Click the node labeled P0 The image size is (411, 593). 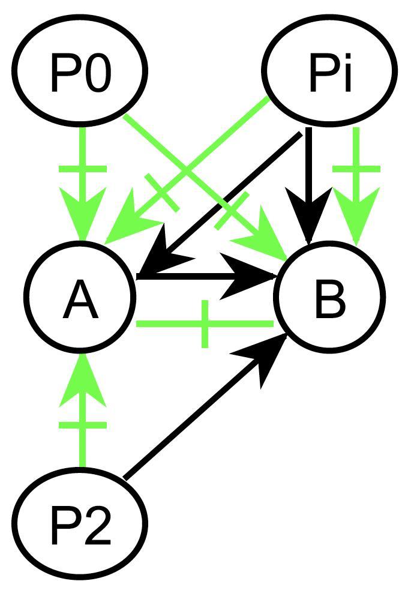81,71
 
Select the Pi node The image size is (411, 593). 331,71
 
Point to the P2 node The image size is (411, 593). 81,522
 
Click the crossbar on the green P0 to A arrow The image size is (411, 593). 83,169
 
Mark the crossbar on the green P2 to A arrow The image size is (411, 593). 83,425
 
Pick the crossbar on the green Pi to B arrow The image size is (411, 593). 356,169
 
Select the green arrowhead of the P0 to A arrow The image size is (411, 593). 83,216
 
